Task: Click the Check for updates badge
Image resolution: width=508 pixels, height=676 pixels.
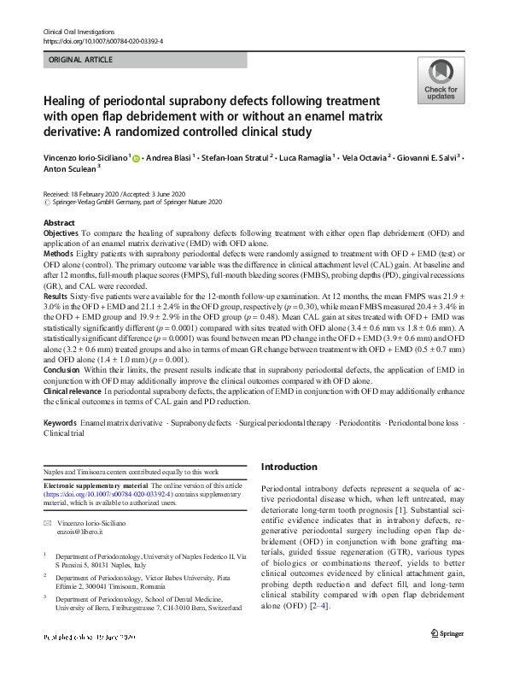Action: coord(441,82)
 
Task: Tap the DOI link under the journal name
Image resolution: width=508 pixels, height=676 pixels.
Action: coord(102,41)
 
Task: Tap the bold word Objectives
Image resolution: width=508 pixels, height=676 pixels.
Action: coord(61,232)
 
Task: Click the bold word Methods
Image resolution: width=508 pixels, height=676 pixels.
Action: coord(57,254)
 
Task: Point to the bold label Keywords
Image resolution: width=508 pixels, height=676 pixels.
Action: coord(60,424)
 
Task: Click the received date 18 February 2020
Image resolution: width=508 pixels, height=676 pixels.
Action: coord(100,195)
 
